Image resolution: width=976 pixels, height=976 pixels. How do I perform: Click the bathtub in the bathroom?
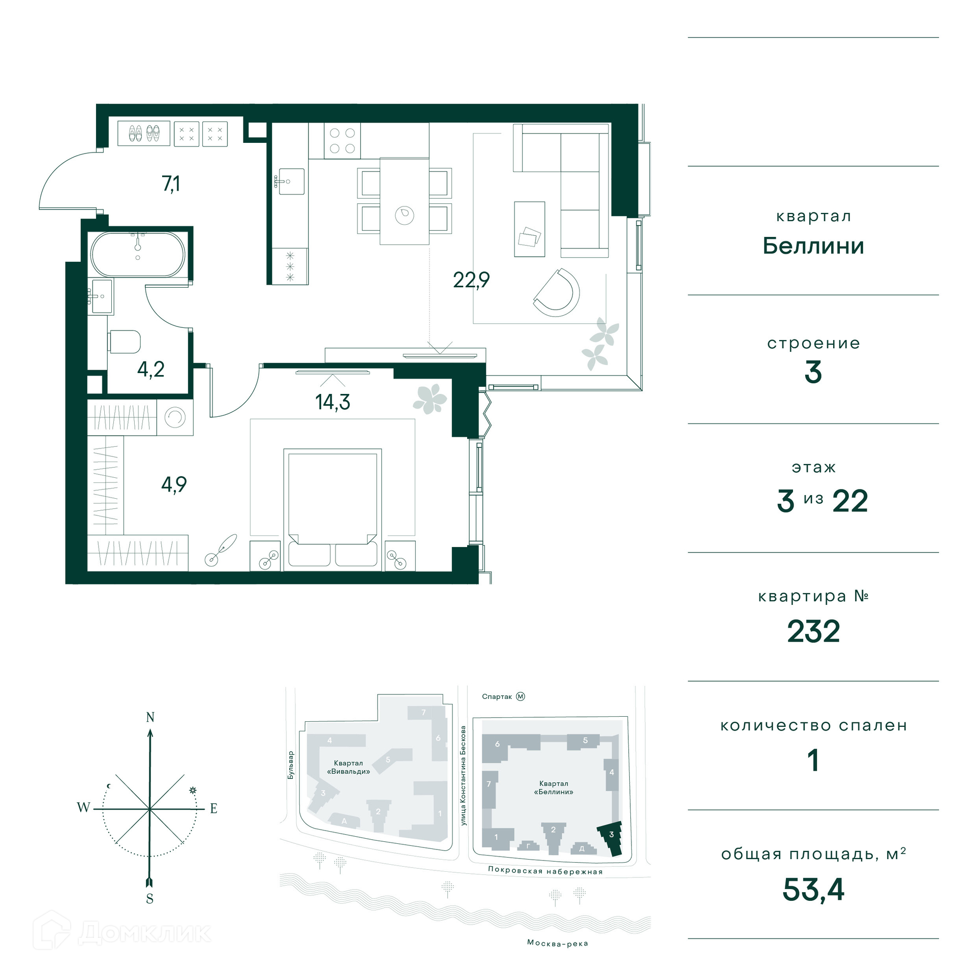coord(138,254)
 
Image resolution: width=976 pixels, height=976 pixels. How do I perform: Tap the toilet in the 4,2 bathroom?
coord(124,342)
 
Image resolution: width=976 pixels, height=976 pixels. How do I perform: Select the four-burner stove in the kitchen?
coord(342,141)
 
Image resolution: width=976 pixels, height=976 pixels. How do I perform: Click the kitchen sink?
coord(289,181)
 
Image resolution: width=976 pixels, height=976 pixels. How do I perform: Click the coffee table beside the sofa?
coord(529,229)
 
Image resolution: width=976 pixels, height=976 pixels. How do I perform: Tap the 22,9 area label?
coord(471,280)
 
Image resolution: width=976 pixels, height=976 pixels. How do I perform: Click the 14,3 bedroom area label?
coord(332,402)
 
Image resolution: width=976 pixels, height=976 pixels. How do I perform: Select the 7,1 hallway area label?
coord(171,184)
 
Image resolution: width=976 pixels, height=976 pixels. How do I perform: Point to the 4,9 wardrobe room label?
coord(174,485)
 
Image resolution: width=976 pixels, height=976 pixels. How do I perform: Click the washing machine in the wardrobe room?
coord(175,417)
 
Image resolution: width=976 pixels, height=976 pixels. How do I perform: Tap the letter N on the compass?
coord(150,717)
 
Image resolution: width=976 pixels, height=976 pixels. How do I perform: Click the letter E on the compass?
coord(213,808)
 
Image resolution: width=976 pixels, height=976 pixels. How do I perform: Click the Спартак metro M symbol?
coord(521,696)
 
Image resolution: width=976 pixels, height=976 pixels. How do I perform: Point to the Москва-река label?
coord(558,943)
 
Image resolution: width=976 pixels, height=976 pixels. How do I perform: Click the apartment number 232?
coord(813,632)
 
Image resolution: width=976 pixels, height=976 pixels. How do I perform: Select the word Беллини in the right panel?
coord(813,246)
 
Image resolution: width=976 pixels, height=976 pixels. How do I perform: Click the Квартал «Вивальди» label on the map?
coord(348,767)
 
